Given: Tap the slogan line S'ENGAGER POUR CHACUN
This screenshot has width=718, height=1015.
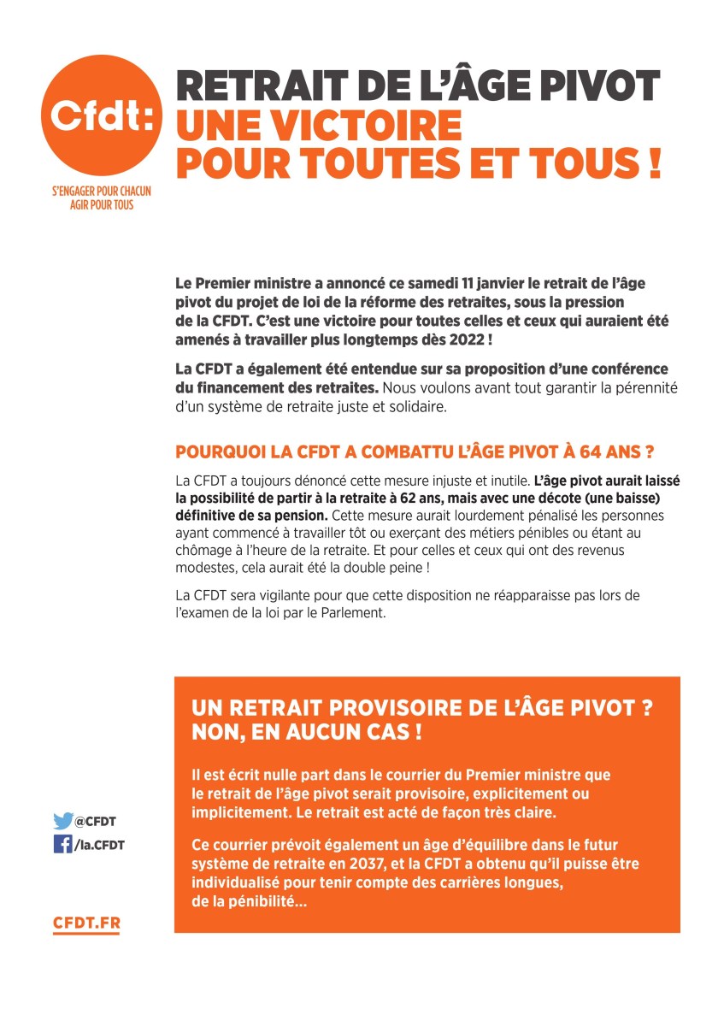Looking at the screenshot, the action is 101,192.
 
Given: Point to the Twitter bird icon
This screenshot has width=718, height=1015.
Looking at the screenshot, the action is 62,821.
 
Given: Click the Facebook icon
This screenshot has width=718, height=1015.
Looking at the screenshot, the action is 62,844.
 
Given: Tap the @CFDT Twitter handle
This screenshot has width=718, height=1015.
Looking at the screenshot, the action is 95,822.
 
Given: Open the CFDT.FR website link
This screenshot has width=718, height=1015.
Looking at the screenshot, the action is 86,924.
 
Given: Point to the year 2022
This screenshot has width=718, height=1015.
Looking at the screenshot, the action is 467,339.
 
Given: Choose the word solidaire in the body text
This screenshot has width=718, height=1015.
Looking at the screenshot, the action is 405,408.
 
